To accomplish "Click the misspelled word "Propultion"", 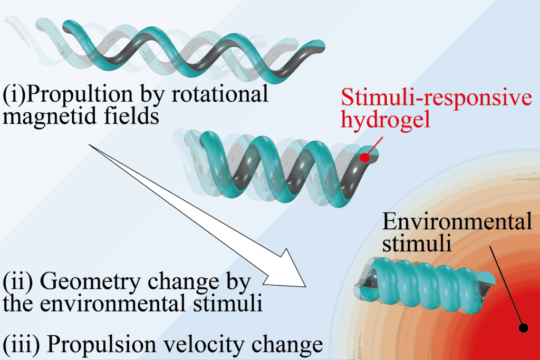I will coord(74,95).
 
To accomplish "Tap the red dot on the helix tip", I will coord(364,157).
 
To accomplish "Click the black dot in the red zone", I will coord(524,328).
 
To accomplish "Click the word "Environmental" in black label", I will coord(457,222).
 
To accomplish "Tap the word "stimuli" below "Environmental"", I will coord(416,244).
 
